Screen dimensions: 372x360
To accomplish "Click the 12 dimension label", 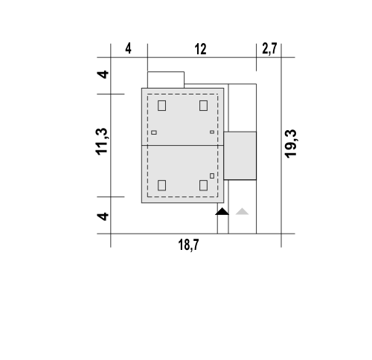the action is tap(200, 49).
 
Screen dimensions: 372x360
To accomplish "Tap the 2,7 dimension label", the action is tap(269, 48).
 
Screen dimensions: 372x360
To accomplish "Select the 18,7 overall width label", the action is tap(188, 245).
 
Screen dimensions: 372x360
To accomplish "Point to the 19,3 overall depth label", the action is tap(290, 144).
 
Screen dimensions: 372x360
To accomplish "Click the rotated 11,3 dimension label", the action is tap(102, 141).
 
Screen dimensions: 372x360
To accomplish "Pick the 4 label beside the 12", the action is tap(128, 48).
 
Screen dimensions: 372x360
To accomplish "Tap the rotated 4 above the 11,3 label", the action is tap(103, 74).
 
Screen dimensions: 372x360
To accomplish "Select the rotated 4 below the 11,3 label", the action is tap(103, 216).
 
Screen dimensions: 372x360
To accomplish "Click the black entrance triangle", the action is tap(222, 211).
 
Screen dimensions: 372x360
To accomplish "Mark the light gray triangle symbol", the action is tap(242, 211).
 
